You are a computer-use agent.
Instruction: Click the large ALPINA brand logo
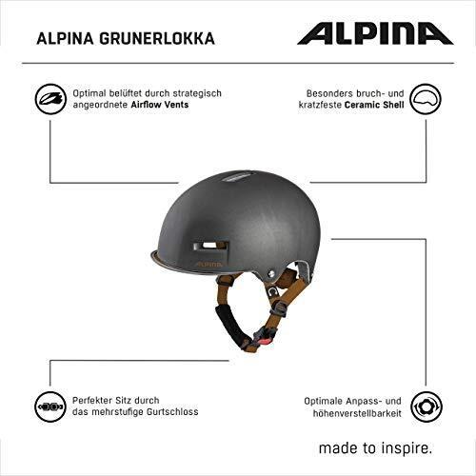(x=375, y=33)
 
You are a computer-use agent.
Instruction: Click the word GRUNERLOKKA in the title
(x=157, y=39)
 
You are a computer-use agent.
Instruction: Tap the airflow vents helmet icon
(x=50, y=99)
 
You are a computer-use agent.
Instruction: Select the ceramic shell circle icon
(x=426, y=99)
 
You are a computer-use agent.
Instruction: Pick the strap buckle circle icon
(x=50, y=407)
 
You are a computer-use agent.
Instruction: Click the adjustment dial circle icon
(x=426, y=407)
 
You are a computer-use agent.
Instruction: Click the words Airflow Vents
(x=160, y=105)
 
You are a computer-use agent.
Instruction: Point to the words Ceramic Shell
(x=374, y=105)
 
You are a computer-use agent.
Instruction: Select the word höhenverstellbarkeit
(x=357, y=413)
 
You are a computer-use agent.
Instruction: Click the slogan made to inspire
(x=375, y=448)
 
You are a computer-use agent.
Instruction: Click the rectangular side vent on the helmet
(x=210, y=247)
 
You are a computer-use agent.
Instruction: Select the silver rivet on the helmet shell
(x=270, y=272)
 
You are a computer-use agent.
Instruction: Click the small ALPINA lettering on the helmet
(x=209, y=264)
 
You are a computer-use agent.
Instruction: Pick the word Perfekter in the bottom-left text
(x=91, y=401)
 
